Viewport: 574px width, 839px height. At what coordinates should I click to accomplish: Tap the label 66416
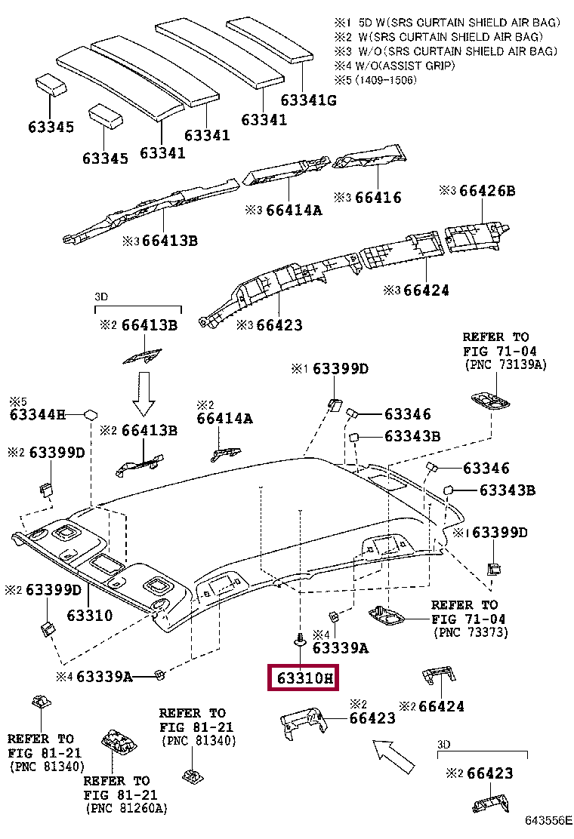[x=378, y=198]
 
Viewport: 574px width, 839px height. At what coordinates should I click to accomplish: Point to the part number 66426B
[x=487, y=191]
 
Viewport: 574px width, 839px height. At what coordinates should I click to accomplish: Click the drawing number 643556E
[x=549, y=820]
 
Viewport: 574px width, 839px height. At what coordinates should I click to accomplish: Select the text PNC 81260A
[x=125, y=808]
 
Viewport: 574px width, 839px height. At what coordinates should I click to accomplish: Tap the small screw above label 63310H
[x=301, y=639]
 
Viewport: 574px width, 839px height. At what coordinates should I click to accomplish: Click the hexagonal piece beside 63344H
[x=91, y=413]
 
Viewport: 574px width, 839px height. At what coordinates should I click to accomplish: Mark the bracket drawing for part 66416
[x=372, y=161]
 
